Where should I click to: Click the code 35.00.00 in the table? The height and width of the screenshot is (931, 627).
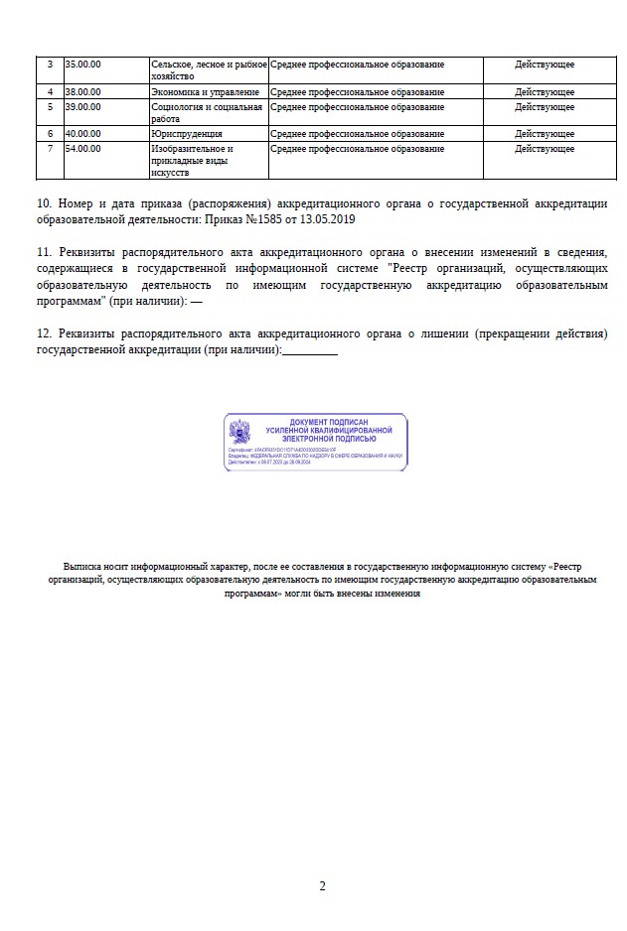click(83, 65)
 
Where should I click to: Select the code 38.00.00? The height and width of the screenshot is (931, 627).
click(83, 92)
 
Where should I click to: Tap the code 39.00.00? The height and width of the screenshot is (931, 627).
click(83, 106)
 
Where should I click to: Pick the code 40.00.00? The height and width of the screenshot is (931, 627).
click(83, 133)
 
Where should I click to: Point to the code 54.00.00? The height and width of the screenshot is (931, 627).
click(83, 148)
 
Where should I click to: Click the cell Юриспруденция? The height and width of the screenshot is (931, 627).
click(186, 133)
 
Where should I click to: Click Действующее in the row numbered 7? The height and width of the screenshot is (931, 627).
click(545, 148)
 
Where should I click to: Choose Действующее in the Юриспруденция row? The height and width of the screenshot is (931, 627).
click(545, 133)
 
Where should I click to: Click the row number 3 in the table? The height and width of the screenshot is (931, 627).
click(50, 65)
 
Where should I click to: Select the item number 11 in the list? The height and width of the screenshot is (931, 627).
click(43, 253)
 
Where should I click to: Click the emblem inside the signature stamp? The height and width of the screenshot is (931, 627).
click(239, 433)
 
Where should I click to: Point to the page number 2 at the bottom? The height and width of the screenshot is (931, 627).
click(322, 886)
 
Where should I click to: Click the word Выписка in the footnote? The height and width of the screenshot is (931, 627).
click(82, 562)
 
